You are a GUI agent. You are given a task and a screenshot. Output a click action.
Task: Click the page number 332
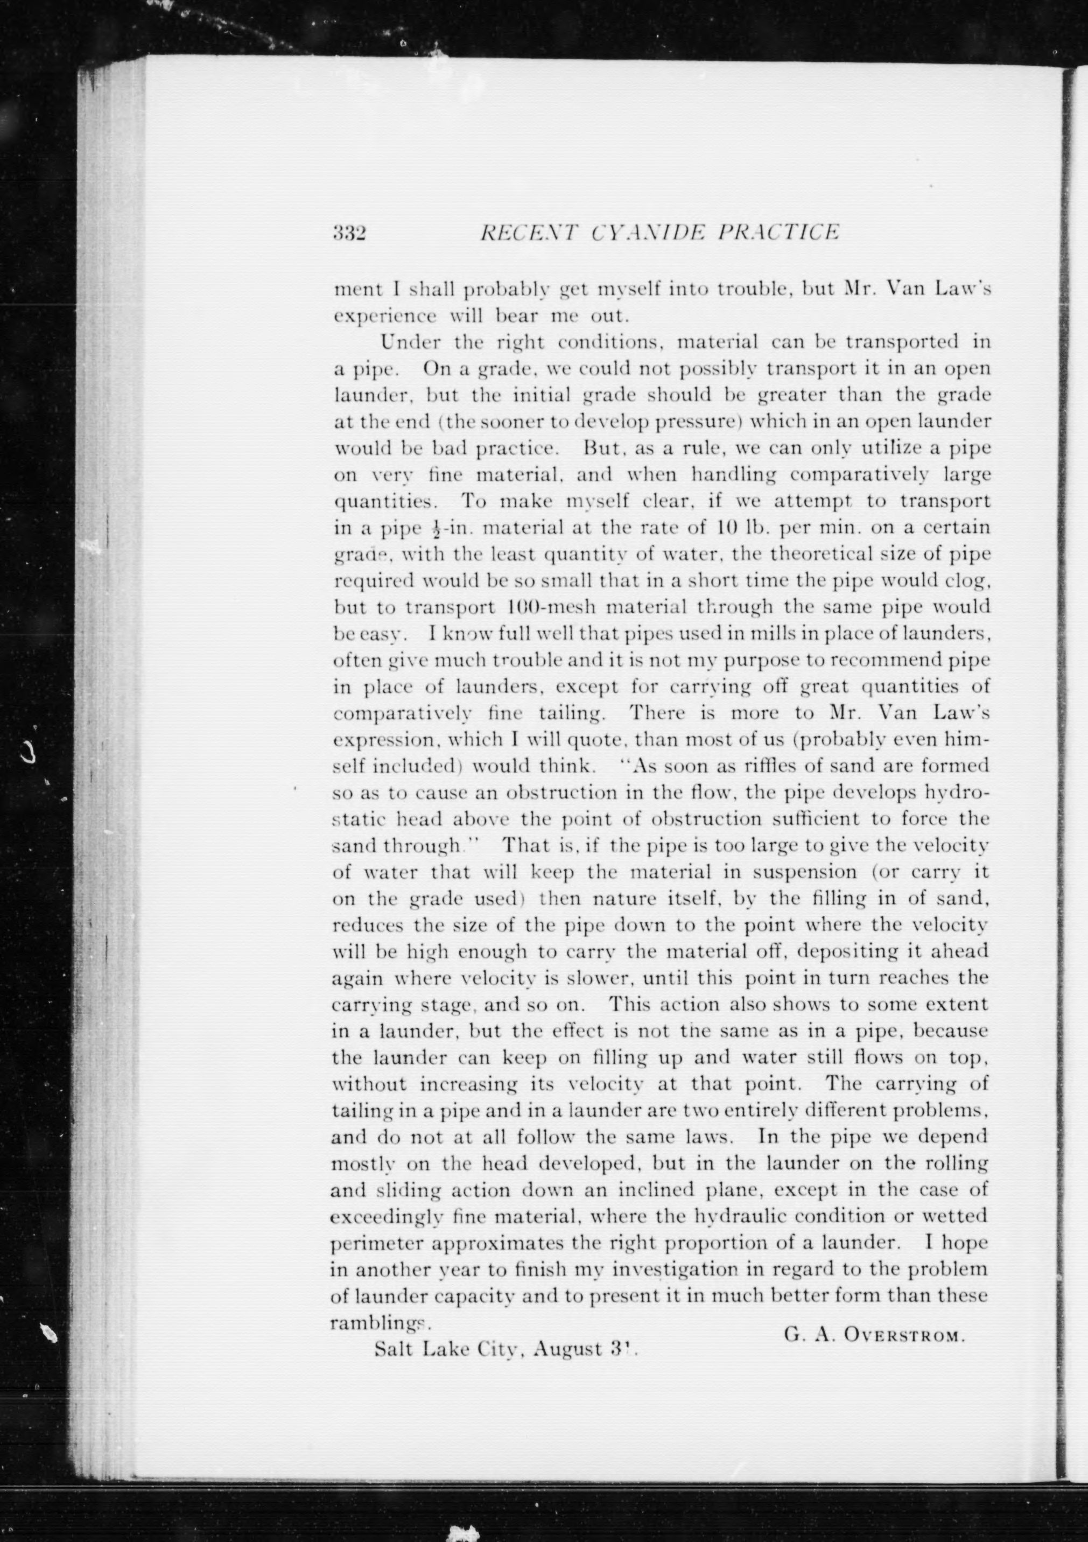tap(348, 233)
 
